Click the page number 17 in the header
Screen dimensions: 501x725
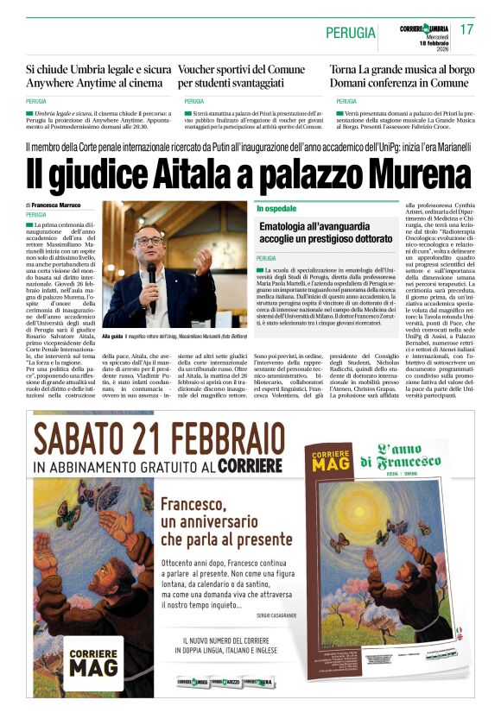[x=466, y=30]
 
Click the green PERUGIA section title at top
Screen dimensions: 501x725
[x=351, y=33]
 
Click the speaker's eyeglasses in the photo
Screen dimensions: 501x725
[x=149, y=241]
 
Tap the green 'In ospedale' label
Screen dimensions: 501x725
[x=276, y=209]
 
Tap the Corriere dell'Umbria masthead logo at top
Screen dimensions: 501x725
[x=424, y=29]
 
